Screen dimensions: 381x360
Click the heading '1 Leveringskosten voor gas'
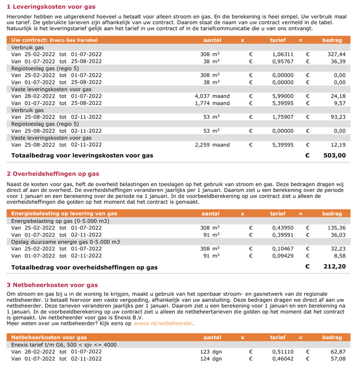(51, 7)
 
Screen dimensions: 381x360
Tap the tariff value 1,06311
(282, 54)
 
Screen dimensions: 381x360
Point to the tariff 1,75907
(282, 117)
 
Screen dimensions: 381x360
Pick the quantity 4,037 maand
(212, 96)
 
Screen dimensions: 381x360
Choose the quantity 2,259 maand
(212, 145)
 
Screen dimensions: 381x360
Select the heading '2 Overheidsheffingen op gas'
(53, 174)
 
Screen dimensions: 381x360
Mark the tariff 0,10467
(282, 249)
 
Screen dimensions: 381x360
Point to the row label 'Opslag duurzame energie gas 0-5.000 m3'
(66, 242)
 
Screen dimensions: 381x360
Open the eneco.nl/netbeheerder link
(164, 323)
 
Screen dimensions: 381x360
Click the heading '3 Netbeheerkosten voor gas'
(52, 285)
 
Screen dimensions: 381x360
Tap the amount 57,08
(336, 358)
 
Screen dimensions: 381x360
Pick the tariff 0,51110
(282, 351)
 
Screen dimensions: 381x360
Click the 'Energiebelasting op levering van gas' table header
(64, 214)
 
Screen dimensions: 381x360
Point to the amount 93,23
(336, 117)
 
